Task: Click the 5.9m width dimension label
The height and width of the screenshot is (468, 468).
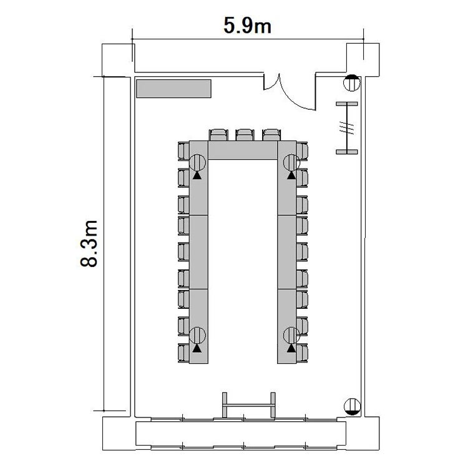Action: (248, 26)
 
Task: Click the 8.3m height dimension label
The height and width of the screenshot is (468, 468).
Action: (89, 243)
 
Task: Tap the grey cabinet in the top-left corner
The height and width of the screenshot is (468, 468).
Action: (173, 89)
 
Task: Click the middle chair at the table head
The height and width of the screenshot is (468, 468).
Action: (245, 135)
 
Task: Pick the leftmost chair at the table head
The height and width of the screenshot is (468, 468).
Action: (218, 135)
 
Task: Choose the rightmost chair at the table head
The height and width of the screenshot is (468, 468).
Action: (271, 135)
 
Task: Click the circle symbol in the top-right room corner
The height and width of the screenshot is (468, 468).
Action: (352, 83)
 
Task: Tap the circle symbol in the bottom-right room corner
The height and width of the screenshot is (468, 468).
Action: (352, 406)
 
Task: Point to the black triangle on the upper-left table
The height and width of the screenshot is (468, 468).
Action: (197, 175)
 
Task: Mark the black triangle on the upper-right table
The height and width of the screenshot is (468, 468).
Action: (291, 175)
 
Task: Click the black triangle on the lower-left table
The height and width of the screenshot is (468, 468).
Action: (197, 348)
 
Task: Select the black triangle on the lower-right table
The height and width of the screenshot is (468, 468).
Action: (291, 348)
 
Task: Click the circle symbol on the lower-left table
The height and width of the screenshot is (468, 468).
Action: (198, 336)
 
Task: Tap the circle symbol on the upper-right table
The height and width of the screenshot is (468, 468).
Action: (291, 163)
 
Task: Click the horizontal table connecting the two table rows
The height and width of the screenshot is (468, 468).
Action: (243, 150)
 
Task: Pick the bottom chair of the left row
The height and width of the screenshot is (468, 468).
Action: (183, 353)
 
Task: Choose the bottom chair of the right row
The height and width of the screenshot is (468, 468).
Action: (302, 353)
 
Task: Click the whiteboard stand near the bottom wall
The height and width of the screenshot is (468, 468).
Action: (248, 405)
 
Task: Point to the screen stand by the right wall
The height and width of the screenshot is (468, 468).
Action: (347, 128)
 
